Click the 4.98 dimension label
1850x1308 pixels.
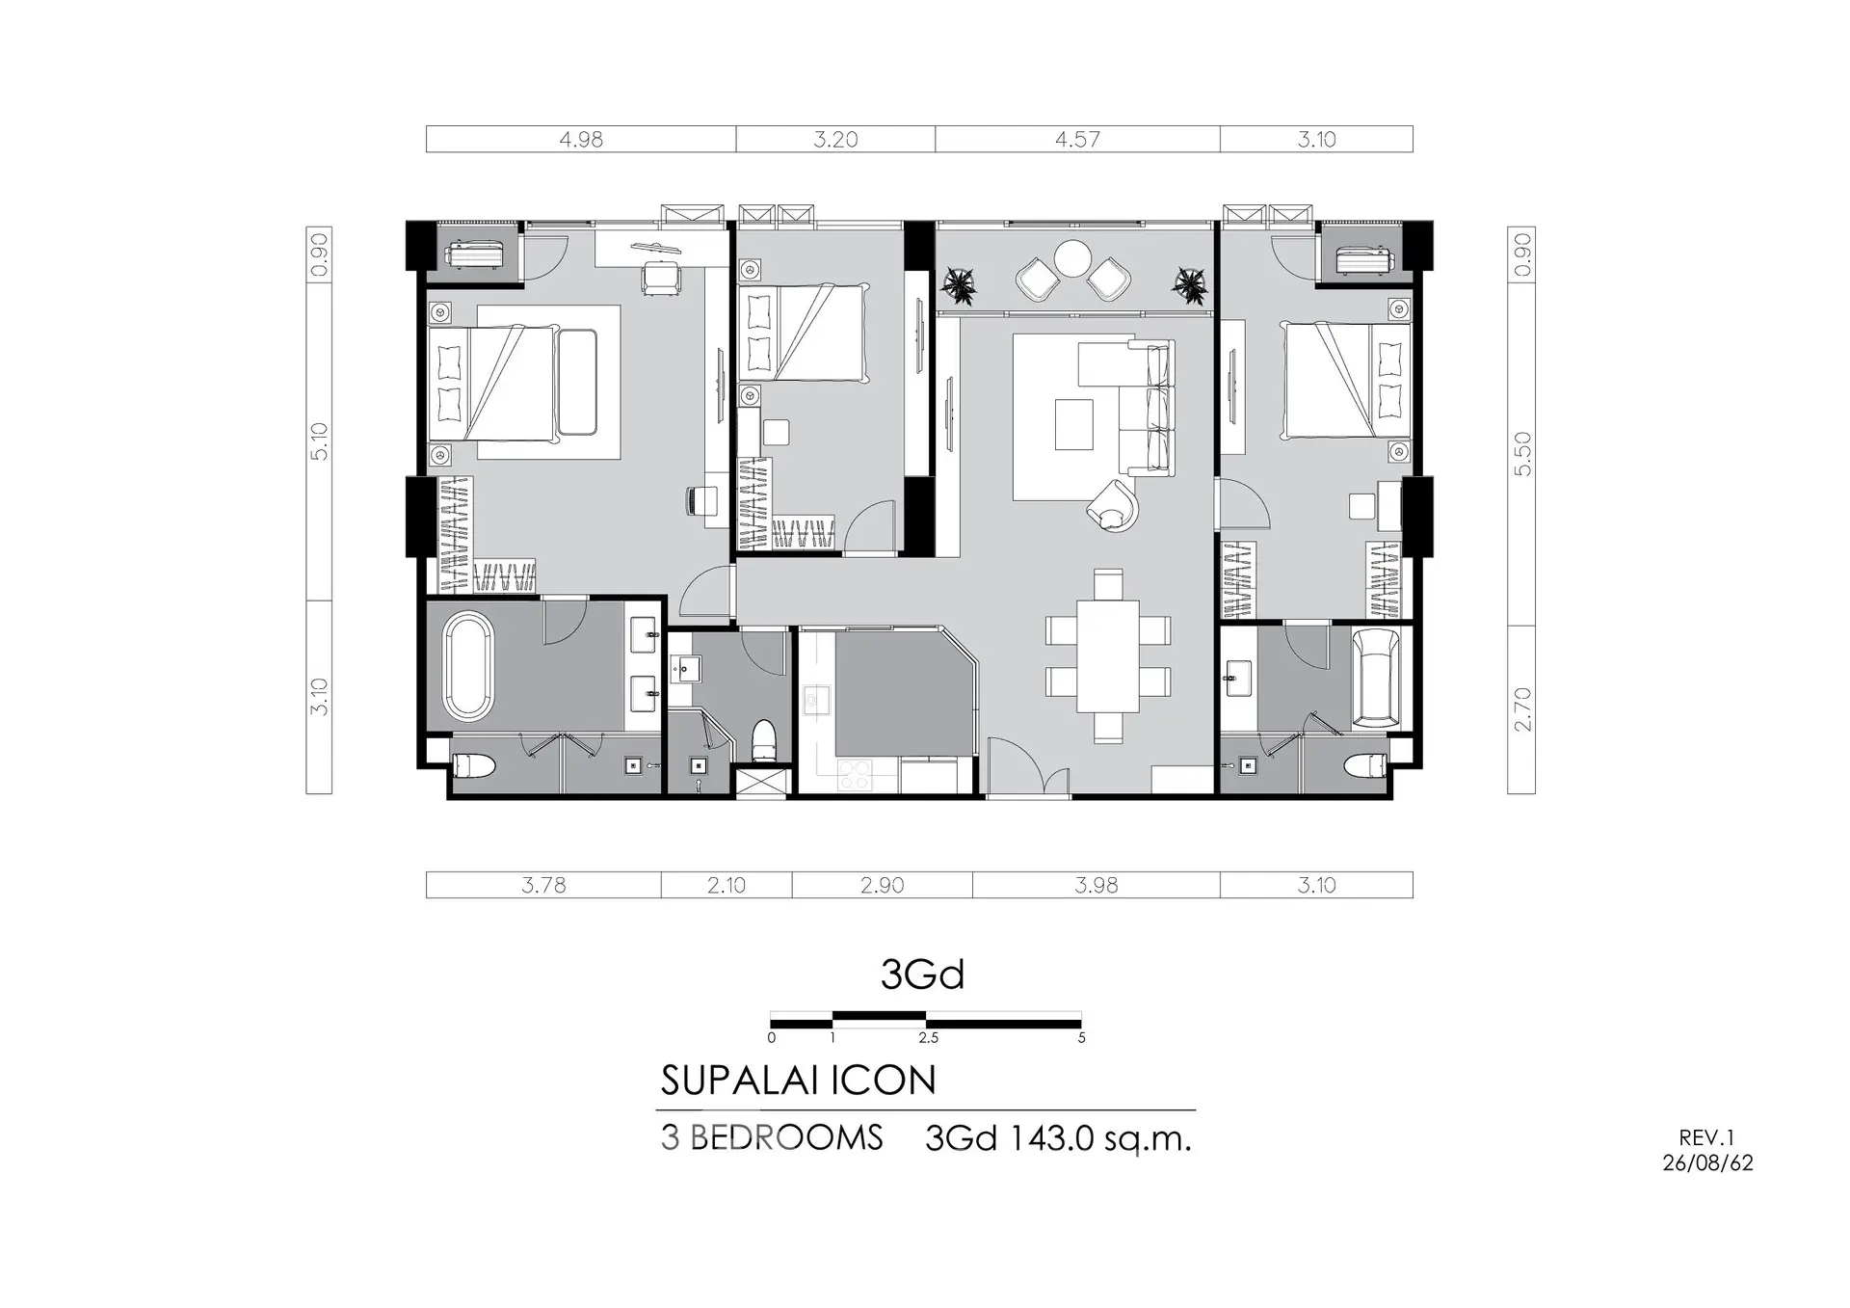(581, 140)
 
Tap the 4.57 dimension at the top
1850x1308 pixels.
(1077, 140)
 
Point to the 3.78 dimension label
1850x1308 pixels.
(543, 885)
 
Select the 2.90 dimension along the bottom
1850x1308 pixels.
(882, 885)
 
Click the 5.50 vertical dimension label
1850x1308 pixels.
(1522, 453)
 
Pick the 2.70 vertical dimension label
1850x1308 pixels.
(1522, 709)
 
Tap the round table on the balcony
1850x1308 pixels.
(1072, 257)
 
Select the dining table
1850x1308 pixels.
(1108, 655)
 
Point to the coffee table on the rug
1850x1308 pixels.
(1074, 425)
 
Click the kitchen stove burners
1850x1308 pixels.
(855, 774)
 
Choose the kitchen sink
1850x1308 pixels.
(817, 700)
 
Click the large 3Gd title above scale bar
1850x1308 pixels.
(922, 974)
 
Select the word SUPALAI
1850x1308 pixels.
(742, 1081)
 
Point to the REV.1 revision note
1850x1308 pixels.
(1706, 1138)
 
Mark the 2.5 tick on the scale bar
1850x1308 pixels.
(928, 1038)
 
